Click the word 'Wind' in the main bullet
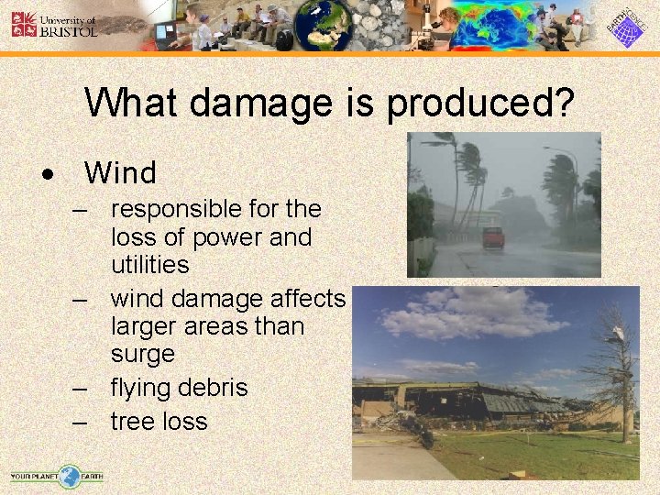(120, 172)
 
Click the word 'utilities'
(149, 265)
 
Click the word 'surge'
(142, 353)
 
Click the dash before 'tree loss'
(82, 422)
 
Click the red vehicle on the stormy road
(493, 237)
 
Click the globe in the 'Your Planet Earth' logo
(69, 476)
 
